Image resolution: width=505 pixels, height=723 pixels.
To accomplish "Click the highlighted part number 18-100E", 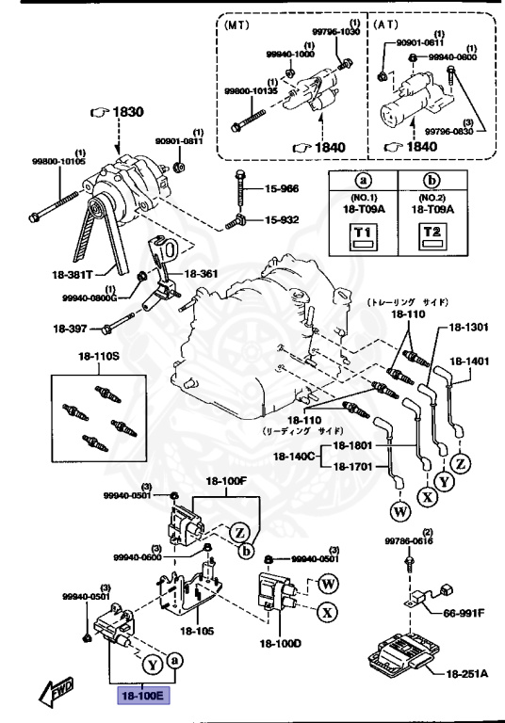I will [141, 697].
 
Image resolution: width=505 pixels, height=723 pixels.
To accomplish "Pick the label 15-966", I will [279, 188].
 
